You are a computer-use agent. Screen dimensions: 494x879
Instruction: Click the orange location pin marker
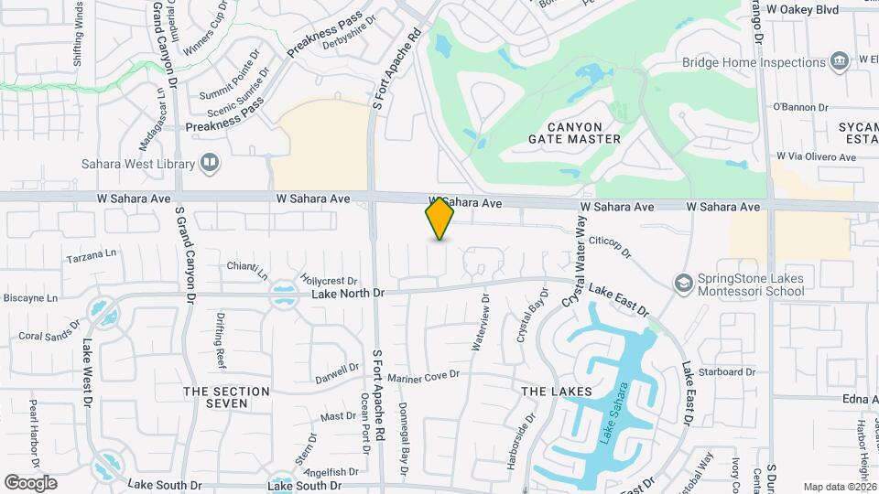pyautogui.click(x=440, y=219)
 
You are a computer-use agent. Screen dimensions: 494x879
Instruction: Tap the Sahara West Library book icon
pyautogui.click(x=211, y=164)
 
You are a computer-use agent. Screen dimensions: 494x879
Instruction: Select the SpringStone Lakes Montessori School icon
pyautogui.click(x=683, y=284)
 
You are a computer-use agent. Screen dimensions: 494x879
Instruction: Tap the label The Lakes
pyautogui.click(x=557, y=392)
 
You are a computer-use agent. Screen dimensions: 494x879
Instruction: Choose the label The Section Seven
pyautogui.click(x=226, y=398)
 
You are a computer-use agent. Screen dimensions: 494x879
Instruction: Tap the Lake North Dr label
pyautogui.click(x=349, y=294)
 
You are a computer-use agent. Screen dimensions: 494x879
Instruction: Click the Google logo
pyautogui.click(x=30, y=482)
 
